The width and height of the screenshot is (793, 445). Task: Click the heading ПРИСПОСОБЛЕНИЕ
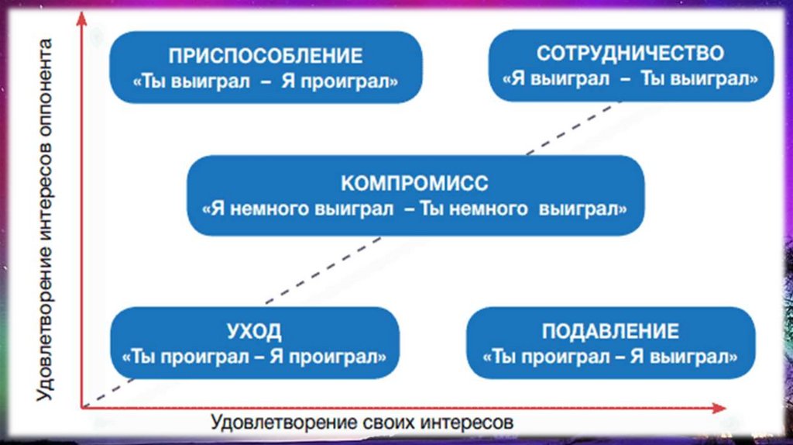point(266,57)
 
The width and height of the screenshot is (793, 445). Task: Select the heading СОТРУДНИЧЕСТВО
point(630,53)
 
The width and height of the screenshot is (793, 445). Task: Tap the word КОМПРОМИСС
point(415,185)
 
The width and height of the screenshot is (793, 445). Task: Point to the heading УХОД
point(254,332)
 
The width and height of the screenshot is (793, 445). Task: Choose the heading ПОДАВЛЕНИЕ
point(610,332)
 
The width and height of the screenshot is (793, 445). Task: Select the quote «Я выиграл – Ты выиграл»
point(630,78)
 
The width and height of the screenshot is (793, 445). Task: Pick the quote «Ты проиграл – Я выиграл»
point(610,357)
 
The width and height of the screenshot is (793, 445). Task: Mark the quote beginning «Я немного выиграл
point(415,209)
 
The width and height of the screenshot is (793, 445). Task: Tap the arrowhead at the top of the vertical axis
point(81,20)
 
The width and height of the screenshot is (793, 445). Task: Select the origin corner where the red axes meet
point(82,406)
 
